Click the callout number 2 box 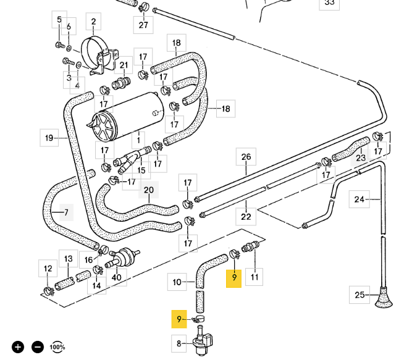(x=93, y=23)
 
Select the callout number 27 (x=143, y=25)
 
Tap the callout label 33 (x=329, y=3)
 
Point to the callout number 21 (x=124, y=65)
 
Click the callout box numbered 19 (x=49, y=138)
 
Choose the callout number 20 (x=149, y=190)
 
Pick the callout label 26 (x=246, y=157)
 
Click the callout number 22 (x=246, y=216)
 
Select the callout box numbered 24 (x=359, y=199)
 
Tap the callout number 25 (x=359, y=295)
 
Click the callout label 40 (x=117, y=277)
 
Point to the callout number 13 (x=68, y=259)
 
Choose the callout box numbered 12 (x=48, y=269)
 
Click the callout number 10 (x=177, y=282)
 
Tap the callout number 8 (x=179, y=343)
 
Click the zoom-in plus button (x=19, y=347)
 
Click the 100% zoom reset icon (x=57, y=347)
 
